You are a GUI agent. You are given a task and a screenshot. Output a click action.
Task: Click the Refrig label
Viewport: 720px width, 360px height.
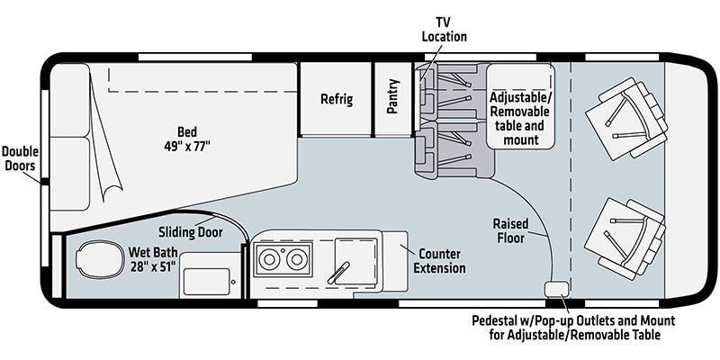[336, 99]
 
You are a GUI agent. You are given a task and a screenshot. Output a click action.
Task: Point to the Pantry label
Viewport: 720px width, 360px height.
[393, 99]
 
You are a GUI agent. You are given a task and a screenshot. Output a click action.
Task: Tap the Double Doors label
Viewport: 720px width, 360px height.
[20, 157]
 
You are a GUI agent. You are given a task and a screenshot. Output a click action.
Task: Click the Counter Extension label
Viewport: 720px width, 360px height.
[440, 260]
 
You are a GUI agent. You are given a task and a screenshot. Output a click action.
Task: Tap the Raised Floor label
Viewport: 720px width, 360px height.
[509, 229]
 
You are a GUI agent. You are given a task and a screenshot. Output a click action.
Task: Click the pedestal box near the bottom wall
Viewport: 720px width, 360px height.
[555, 289]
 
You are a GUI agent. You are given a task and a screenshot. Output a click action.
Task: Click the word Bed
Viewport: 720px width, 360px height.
[187, 129]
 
